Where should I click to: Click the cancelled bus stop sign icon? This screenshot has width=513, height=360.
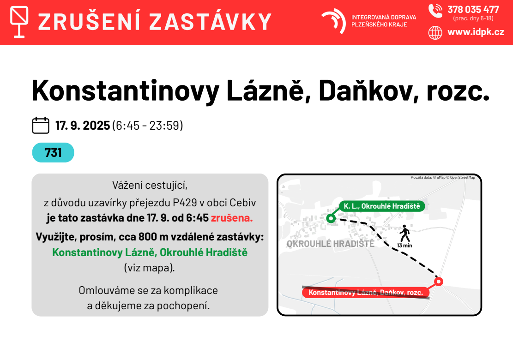coord(19,22)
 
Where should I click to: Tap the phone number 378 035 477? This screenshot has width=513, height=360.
coord(473,10)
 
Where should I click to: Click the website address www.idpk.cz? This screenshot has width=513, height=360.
coord(476,32)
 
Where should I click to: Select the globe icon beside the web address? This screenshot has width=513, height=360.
coord(435,33)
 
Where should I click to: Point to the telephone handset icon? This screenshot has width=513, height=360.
coord(435,11)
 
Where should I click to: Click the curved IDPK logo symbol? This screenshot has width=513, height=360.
coord(334,21)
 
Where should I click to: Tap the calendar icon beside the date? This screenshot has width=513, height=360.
coord(41,125)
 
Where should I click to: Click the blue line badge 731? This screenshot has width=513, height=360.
coord(53,152)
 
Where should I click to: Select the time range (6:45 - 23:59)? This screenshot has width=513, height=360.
coord(148,126)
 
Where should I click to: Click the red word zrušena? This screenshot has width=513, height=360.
coord(232,218)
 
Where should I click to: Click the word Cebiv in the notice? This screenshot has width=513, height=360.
coord(242,203)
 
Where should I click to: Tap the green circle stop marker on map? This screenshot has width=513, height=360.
coord(331,218)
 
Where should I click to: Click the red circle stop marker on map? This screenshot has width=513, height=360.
coord(439,281)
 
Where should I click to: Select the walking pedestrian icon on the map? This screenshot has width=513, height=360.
coord(404,234)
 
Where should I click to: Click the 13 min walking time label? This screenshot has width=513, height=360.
coord(404,246)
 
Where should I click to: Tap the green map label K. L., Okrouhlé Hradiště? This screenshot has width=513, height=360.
coord(382,206)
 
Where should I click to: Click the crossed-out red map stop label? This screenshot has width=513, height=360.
coord(366,292)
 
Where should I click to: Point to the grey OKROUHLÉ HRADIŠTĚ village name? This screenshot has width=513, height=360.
coord(331,244)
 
